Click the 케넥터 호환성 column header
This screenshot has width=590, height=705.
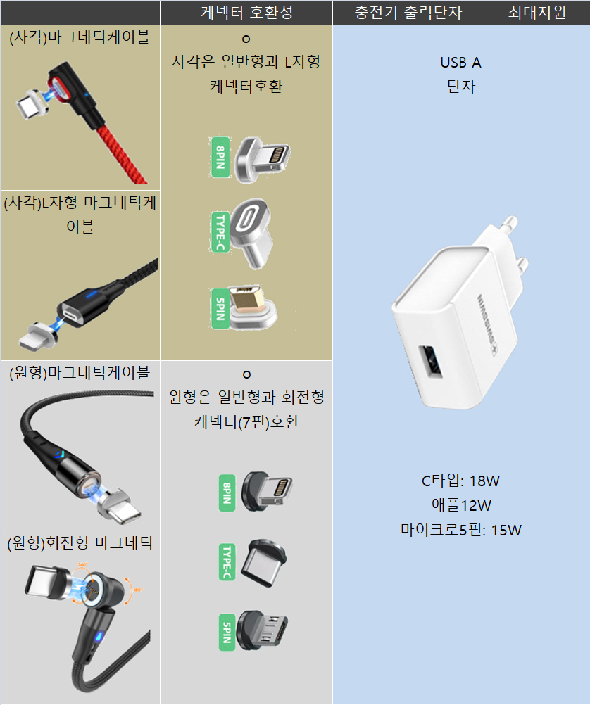(246, 13)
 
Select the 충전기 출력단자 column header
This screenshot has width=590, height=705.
(408, 13)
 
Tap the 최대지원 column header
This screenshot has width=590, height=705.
(536, 13)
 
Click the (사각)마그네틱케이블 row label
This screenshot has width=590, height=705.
(80, 37)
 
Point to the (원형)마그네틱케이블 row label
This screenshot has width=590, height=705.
(80, 371)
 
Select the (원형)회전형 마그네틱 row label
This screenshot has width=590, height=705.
(80, 542)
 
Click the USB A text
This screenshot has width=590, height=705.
(460, 63)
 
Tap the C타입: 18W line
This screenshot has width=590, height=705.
(460, 481)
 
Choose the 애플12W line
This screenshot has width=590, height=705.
(460, 505)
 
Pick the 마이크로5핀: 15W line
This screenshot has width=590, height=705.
(460, 530)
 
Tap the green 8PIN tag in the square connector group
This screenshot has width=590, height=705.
(220, 156)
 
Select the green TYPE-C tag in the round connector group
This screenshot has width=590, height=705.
(227, 561)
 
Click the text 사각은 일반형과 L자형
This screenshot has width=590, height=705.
(246, 62)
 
